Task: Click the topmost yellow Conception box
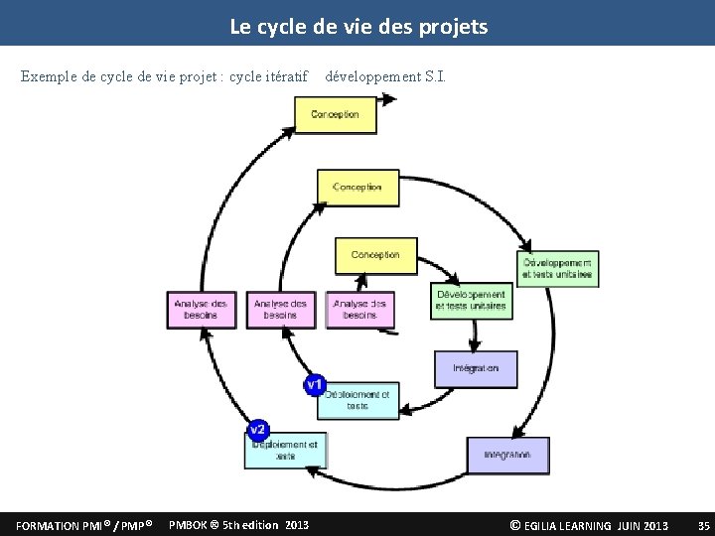point(336,115)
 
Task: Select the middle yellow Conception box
point(357,188)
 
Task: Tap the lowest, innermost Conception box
point(375,255)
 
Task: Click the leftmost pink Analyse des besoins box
point(201,309)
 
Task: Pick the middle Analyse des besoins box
point(280,309)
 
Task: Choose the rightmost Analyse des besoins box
point(359,309)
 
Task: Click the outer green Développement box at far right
point(557,268)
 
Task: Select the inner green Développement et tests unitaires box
point(470,300)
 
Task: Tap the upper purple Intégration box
point(476,368)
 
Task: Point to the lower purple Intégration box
point(507,455)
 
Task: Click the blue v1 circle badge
point(315,383)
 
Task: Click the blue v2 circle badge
point(257,430)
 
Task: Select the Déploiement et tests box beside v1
point(359,400)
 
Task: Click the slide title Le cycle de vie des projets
point(358,27)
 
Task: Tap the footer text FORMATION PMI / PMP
point(84,525)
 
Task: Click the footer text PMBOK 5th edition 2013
point(239,525)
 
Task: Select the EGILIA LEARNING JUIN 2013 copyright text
point(589,525)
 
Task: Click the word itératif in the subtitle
point(288,76)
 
